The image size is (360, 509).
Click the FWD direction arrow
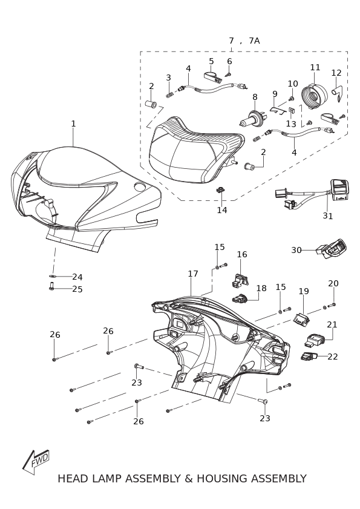coord(36,462)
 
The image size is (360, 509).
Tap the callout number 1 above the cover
coord(73,123)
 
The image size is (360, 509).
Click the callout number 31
coord(327,216)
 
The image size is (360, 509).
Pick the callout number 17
coord(193,274)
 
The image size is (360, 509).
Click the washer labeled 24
coord(52,276)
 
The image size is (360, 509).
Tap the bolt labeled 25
coord(51,286)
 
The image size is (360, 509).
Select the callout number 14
coord(222,210)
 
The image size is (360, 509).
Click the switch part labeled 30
coord(332,249)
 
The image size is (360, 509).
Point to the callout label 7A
coord(254,41)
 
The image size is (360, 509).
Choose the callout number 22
coord(333,356)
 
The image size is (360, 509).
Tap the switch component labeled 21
coord(315,340)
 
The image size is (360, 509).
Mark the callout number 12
coord(336,73)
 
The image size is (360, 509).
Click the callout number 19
coord(304,291)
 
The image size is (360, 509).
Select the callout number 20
coord(333,283)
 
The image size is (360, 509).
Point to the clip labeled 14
coord(220,189)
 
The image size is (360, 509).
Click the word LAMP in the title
coord(107,479)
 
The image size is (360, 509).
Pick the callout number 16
coord(242,254)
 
